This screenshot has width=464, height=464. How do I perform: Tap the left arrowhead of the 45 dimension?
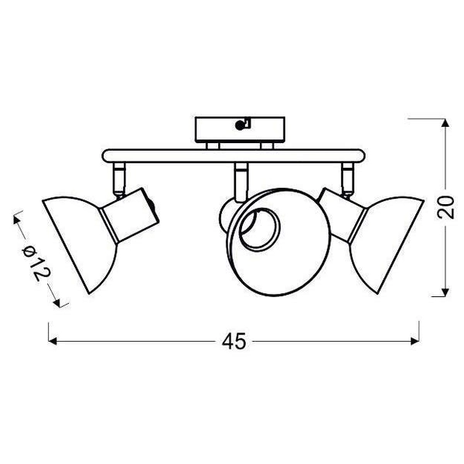click(x=53, y=341)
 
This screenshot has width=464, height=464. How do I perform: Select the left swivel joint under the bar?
click(x=120, y=177)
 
